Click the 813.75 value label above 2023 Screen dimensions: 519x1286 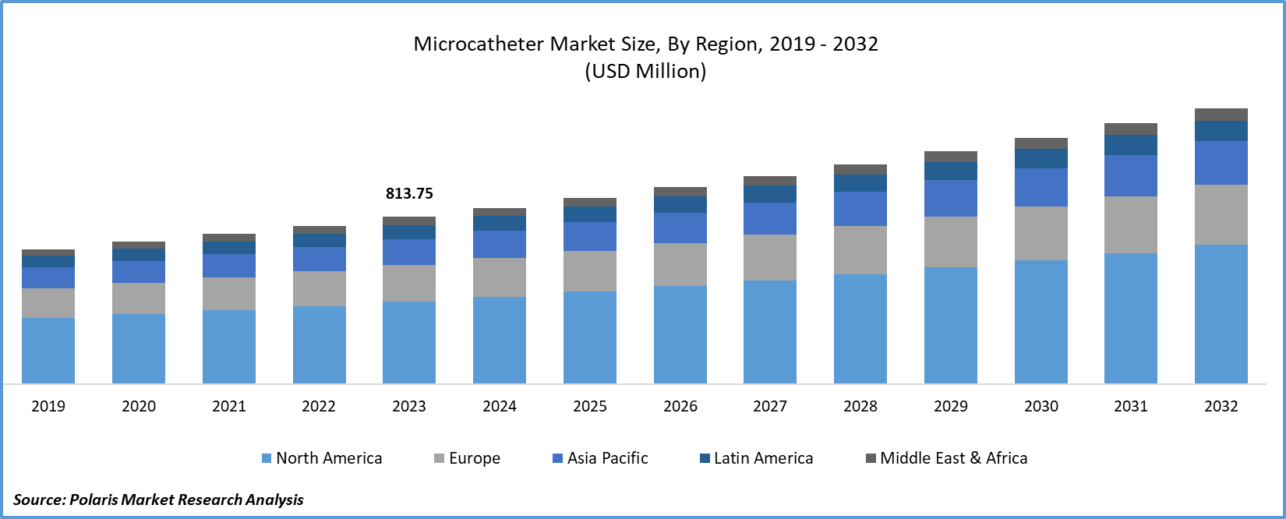point(409,193)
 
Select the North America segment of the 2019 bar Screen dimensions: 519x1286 point(48,350)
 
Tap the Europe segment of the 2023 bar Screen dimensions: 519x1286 point(409,283)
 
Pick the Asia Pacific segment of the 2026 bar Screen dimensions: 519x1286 point(680,228)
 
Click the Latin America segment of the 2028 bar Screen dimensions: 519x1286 point(860,182)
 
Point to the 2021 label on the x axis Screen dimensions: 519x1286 point(229,406)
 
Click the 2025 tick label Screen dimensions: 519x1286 point(590,406)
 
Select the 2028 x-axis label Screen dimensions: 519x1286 point(860,406)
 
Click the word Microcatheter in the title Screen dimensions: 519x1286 point(479,44)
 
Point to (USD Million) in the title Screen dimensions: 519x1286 point(645,72)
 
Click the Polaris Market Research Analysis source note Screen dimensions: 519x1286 point(159,500)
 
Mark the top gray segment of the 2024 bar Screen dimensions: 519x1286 point(500,212)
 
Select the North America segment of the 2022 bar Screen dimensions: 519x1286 point(320,344)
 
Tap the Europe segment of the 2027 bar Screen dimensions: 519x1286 point(770,257)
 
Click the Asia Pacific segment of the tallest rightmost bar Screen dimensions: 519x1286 point(1221,163)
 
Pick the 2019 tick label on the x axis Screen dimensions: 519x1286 point(48,406)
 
